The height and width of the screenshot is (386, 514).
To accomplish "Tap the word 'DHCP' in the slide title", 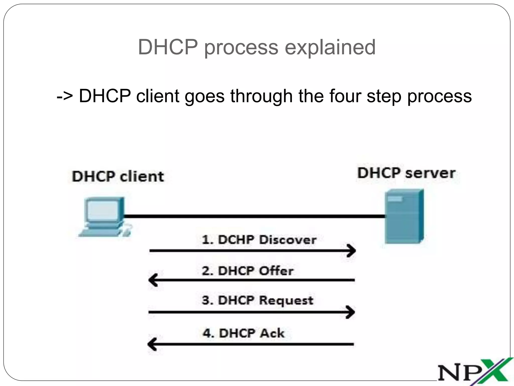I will tap(168, 47).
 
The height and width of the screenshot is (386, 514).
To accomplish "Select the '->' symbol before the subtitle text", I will tap(65, 96).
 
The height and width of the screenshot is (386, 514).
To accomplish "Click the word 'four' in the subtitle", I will tap(345, 96).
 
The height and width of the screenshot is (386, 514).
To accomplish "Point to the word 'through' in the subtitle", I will tap(261, 96).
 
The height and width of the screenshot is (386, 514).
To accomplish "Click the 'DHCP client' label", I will tap(118, 176).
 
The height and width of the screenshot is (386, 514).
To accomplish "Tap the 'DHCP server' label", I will tap(406, 173).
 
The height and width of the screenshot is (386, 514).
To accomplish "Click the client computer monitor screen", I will tap(102, 211).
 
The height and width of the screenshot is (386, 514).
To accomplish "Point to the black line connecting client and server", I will tap(253, 216).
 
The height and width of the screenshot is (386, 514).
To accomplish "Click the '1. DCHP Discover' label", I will tap(259, 240).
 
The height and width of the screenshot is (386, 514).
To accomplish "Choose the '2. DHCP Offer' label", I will tap(247, 271).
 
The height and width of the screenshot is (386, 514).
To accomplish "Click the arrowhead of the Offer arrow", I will tap(153, 280).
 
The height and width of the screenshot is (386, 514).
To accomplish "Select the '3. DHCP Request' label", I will tap(258, 300).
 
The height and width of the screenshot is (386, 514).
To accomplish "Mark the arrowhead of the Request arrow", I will tap(351, 312).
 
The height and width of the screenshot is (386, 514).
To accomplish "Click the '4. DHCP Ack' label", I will tap(243, 333).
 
